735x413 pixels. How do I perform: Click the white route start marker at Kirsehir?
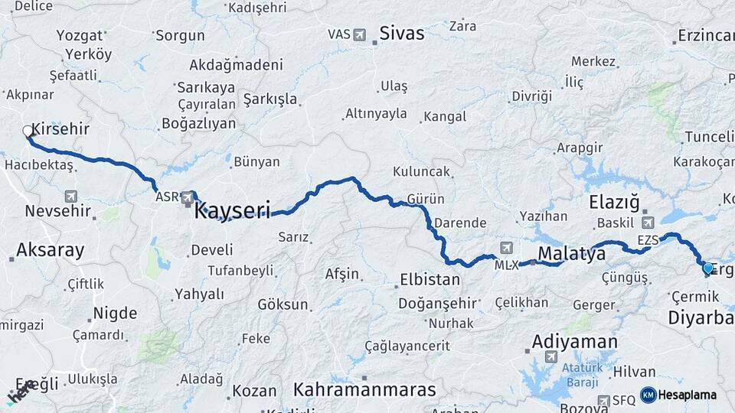coord(28,132)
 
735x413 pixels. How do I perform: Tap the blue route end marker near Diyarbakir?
coord(707,268)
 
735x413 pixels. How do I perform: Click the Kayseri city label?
coord(233,210)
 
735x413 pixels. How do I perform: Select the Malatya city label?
coord(571,253)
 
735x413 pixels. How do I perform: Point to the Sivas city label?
coord(402,34)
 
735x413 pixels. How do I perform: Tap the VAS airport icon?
coord(381,34)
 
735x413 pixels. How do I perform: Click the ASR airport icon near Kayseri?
coord(188,198)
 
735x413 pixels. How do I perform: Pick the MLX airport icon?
coord(506,248)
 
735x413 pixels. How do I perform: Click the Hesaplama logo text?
coord(688,395)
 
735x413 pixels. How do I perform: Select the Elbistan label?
coord(430,279)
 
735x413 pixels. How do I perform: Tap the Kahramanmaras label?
coord(364,389)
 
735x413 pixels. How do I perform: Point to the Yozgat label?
coord(79,35)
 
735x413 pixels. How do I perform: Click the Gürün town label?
coord(426,199)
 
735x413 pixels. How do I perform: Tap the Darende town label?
coord(460,223)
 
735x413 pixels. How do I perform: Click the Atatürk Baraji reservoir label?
coord(583,372)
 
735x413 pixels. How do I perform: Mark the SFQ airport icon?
coord(603,400)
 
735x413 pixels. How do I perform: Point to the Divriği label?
coord(531,96)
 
